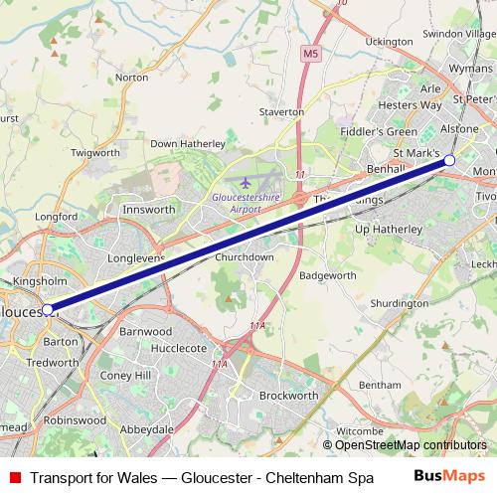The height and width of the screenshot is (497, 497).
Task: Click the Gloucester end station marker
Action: (x=47, y=310)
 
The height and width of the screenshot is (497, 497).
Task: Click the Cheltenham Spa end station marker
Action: (x=449, y=160)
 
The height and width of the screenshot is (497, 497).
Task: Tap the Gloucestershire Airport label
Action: (x=246, y=203)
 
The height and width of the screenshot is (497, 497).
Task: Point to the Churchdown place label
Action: (x=245, y=256)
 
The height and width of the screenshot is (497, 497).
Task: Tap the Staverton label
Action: (x=281, y=113)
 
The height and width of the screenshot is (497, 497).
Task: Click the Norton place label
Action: (x=131, y=77)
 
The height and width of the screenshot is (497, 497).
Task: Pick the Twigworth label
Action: (x=95, y=153)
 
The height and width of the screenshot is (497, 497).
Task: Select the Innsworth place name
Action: (x=148, y=210)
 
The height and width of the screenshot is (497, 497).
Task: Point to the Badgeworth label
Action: (x=326, y=274)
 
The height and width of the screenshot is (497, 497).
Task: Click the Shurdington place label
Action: (x=399, y=302)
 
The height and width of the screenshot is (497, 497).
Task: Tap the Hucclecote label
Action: (x=179, y=349)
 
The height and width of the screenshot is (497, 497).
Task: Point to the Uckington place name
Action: (x=389, y=42)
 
